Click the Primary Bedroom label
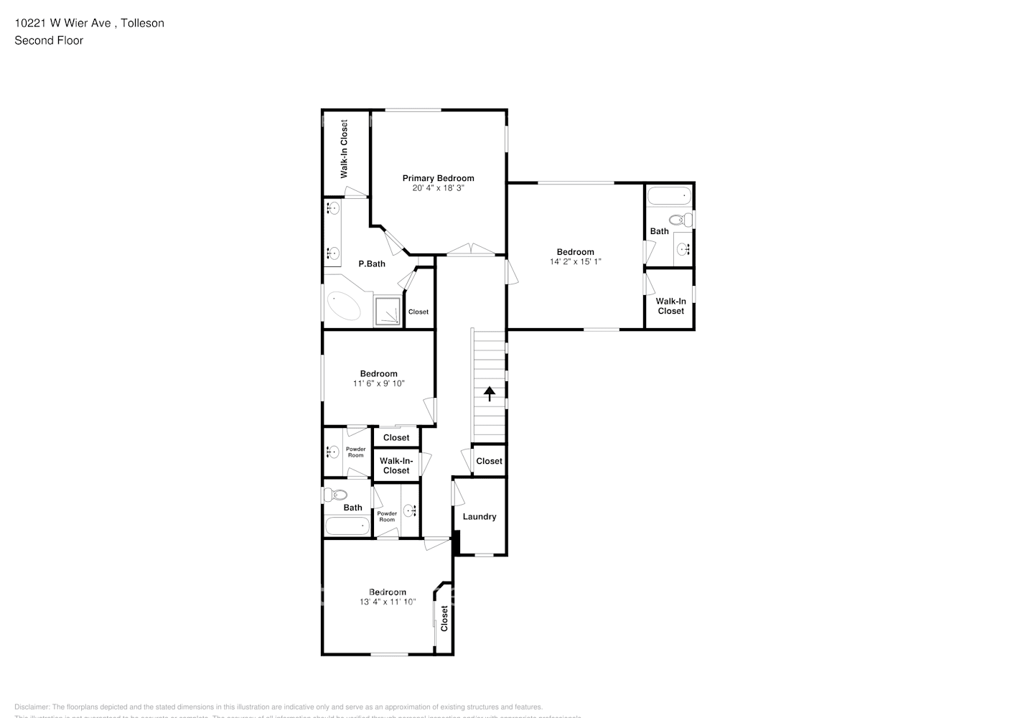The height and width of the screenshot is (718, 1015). point(438,178)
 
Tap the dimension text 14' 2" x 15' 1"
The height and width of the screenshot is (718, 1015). point(575,262)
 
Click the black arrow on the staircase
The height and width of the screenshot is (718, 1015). point(490,393)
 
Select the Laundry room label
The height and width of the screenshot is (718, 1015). point(480,517)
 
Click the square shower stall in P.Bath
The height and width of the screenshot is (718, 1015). point(388,312)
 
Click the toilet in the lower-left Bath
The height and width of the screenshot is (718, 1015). point(335,495)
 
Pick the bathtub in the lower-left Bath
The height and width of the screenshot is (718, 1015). point(347,526)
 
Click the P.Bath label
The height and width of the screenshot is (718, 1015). point(372,264)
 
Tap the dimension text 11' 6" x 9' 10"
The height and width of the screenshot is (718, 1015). point(378,384)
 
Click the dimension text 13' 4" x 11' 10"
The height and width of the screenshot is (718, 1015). point(388,602)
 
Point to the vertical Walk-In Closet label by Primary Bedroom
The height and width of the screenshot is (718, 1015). point(344,149)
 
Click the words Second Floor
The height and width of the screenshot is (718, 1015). point(49,40)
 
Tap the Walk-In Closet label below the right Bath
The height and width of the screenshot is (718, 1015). point(670,307)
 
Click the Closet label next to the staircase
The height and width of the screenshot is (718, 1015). point(489,461)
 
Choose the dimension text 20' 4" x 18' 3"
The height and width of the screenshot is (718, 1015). point(438,188)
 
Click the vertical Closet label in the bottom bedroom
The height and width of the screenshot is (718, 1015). point(444,618)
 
